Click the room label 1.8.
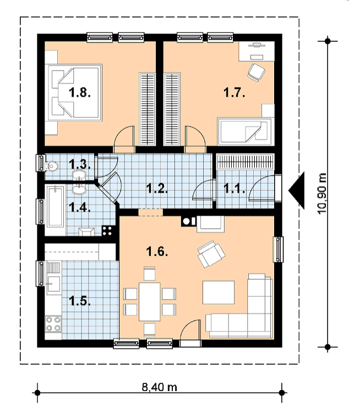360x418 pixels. tap(80, 93)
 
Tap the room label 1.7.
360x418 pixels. tap(234, 93)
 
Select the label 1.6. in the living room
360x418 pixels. tap(157, 251)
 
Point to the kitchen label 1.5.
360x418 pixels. tap(80, 301)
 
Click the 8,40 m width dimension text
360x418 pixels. tap(159, 387)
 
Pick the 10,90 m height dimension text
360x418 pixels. tap(322, 193)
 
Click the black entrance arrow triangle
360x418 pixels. tap(296, 190)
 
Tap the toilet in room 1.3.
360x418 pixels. tap(52, 166)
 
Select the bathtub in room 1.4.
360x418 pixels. tap(56, 207)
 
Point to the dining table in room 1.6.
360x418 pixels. tap(149, 301)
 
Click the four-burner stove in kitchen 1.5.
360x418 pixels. tap(53, 323)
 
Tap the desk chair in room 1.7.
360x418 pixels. tap(256, 72)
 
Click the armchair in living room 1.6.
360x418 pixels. tap(211, 254)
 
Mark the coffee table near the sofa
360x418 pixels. tap(219, 292)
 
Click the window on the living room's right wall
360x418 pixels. tap(278, 250)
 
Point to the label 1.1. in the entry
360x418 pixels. tap(234, 189)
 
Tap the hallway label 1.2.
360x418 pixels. tap(157, 189)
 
